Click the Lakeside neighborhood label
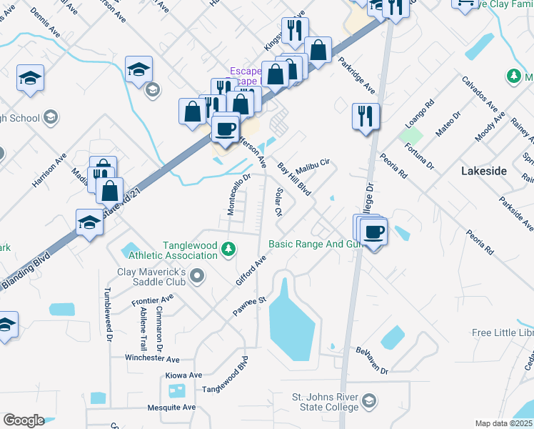click(483, 171)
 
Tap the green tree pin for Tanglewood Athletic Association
click(228, 250)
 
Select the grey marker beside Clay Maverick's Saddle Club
click(198, 275)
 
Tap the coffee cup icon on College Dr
click(374, 231)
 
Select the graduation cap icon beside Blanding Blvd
click(89, 222)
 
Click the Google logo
click(24, 420)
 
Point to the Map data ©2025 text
click(503, 423)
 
